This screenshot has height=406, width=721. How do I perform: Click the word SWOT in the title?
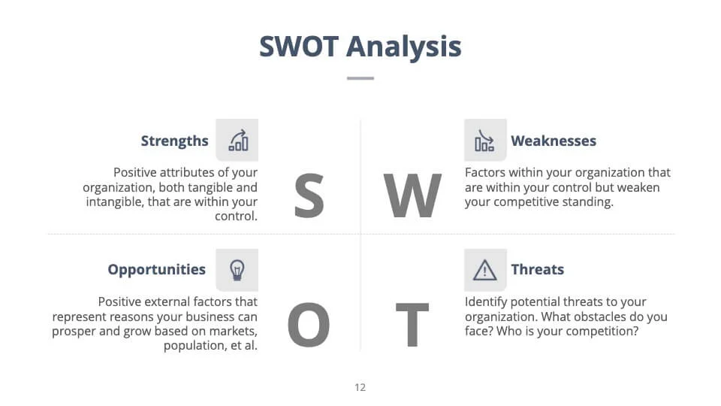[x=299, y=47]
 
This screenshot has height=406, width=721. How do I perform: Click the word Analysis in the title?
[x=403, y=47]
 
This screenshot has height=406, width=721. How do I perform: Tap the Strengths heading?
[x=175, y=141]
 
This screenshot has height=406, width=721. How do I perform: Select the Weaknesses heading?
[x=554, y=141]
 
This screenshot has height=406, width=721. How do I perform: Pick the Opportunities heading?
[x=157, y=270]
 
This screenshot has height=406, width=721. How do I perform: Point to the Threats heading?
[x=538, y=269]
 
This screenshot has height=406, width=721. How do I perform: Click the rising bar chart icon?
[x=238, y=141]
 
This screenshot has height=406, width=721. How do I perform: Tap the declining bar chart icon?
[x=484, y=141]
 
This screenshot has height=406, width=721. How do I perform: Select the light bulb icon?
[x=237, y=270]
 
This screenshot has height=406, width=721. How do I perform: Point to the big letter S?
[x=309, y=195]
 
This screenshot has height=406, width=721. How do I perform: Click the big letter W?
[x=412, y=195]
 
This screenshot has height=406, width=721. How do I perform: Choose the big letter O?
[x=309, y=325]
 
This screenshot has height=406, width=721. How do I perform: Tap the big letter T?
[x=412, y=325]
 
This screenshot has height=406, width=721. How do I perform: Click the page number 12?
[x=360, y=388]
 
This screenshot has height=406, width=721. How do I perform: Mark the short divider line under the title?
[x=360, y=78]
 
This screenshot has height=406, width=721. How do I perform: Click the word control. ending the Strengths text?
[x=236, y=216]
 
